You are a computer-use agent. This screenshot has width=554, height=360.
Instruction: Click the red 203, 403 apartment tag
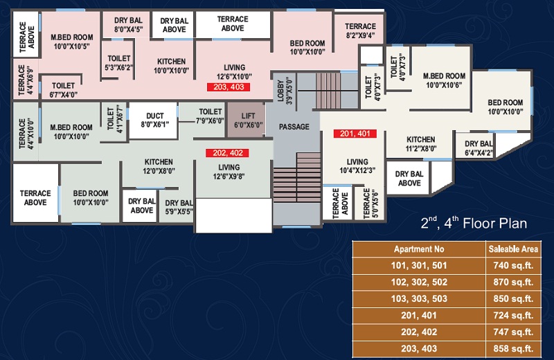pyautogui.click(x=229, y=87)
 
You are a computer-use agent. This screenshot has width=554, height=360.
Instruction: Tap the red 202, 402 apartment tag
pyautogui.click(x=228, y=153)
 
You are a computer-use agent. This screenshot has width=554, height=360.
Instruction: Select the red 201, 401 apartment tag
pyautogui.click(x=355, y=134)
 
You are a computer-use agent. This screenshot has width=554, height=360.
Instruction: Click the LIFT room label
pyautogui.click(x=248, y=120)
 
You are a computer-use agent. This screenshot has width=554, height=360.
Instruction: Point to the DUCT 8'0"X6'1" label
pyautogui.click(x=154, y=120)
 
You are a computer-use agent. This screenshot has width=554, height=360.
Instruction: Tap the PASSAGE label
pyautogui.click(x=294, y=127)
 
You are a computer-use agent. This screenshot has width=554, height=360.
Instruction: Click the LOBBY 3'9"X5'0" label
pyautogui.click(x=285, y=90)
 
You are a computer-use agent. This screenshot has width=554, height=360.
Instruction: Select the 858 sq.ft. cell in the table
pyautogui.click(x=513, y=349)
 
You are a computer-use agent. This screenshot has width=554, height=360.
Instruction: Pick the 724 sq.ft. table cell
pyautogui.click(x=513, y=315)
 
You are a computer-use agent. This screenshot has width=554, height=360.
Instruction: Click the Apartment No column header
pyautogui.click(x=419, y=249)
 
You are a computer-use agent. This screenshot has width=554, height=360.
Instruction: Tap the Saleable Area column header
pyautogui.click(x=513, y=249)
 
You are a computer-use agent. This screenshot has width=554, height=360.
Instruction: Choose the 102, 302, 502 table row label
pyautogui.click(x=419, y=282)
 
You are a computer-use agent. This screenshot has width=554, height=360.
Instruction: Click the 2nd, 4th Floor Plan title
pyautogui.click(x=474, y=223)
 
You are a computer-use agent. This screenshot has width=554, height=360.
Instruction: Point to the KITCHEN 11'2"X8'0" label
pyautogui.click(x=421, y=144)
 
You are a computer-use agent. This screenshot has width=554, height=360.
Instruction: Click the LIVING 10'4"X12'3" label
pyautogui.click(x=357, y=166)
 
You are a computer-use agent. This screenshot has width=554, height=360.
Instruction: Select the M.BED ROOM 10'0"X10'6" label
pyautogui.click(x=444, y=80)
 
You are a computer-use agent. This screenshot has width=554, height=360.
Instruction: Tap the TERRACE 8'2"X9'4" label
pyautogui.click(x=360, y=30)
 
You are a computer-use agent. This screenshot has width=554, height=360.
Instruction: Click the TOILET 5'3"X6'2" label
pyautogui.click(x=119, y=62)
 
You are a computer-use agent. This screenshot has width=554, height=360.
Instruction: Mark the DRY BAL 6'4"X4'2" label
pyautogui.click(x=479, y=148)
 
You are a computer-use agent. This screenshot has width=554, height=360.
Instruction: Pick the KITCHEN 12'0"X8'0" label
pyautogui.click(x=159, y=166)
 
